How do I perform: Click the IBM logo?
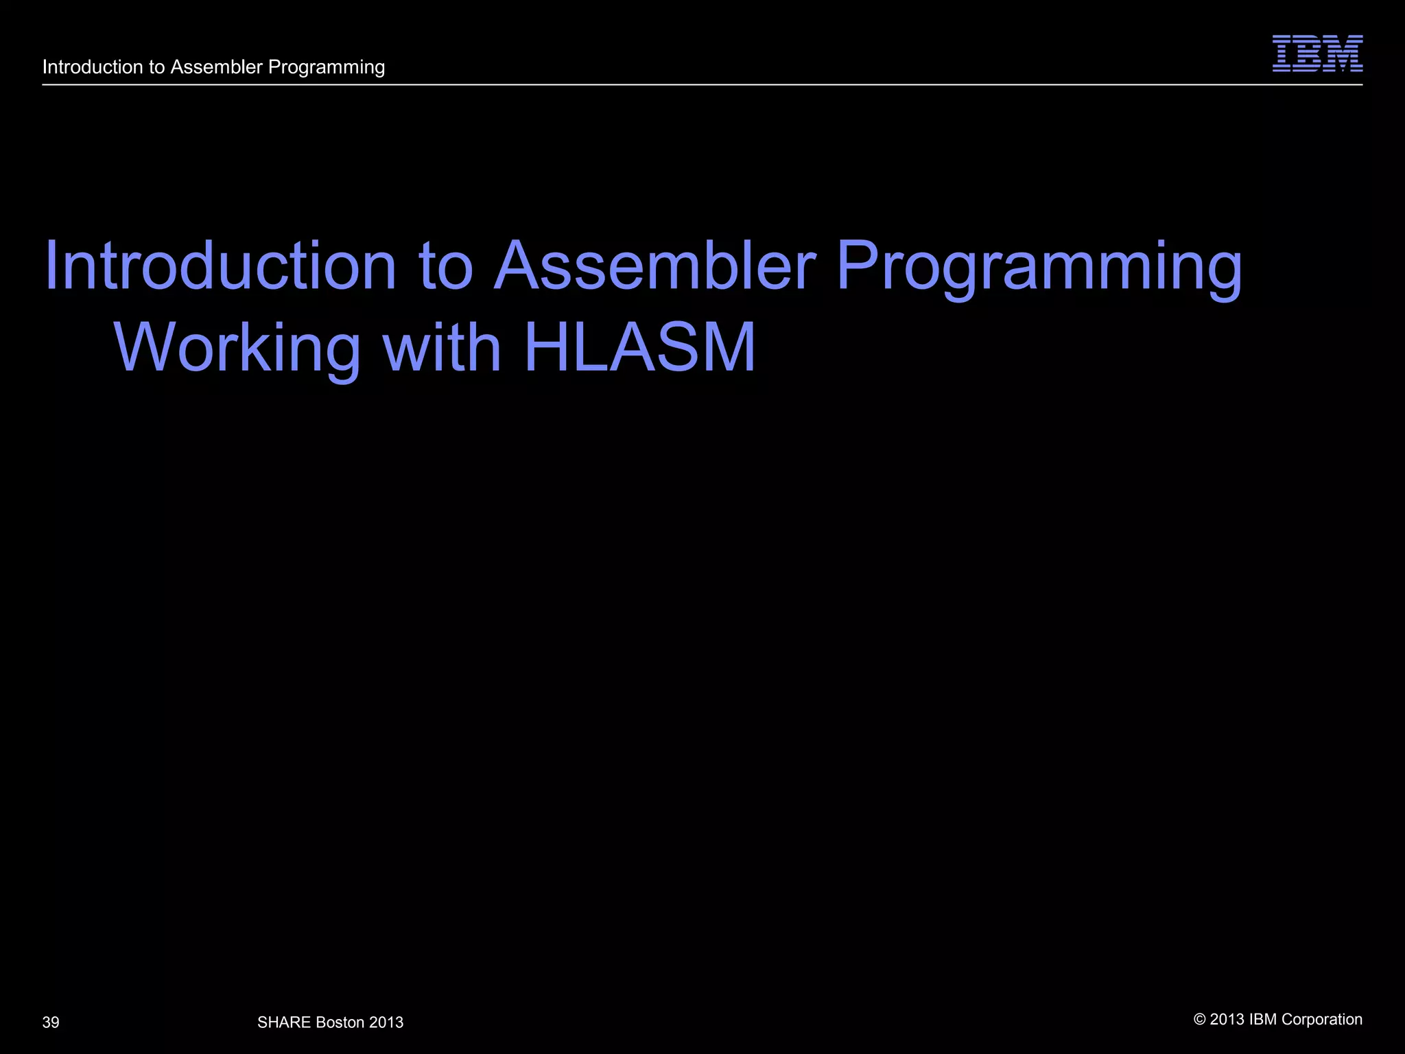click(1317, 54)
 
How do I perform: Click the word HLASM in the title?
click(639, 348)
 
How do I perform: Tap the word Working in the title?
click(237, 348)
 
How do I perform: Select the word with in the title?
click(442, 348)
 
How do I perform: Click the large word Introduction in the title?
click(220, 266)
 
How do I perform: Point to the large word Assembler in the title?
click(654, 266)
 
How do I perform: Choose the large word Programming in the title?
click(1039, 268)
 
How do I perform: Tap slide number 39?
click(51, 1022)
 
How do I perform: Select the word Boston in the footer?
click(340, 1022)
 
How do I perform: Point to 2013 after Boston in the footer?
click(386, 1022)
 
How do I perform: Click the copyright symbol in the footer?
click(1200, 1020)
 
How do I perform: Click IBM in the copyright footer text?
click(1263, 1020)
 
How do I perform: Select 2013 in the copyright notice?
click(1227, 1020)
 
